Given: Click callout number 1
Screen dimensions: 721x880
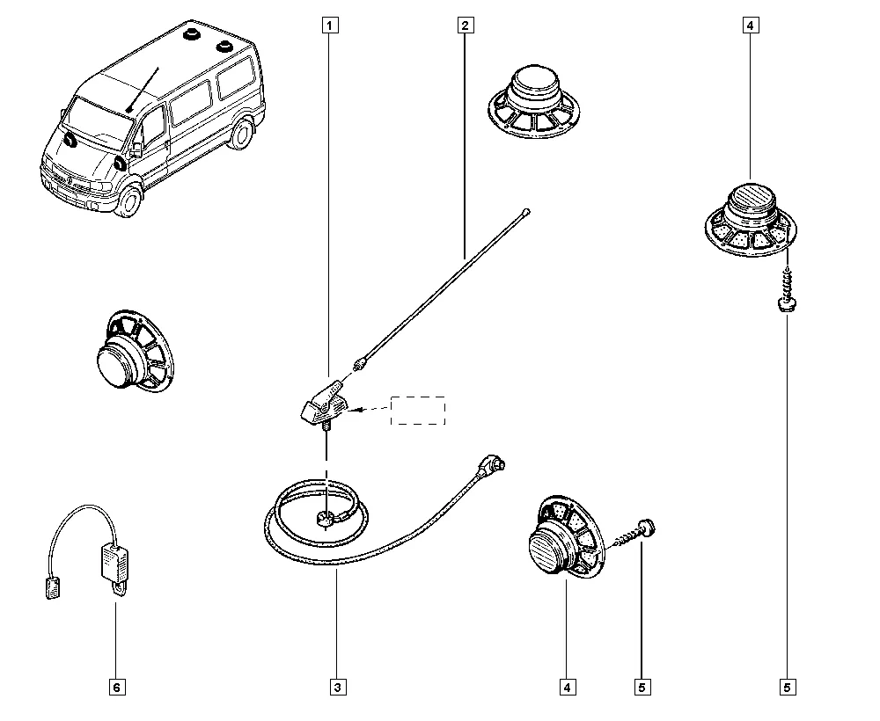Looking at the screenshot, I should tap(328, 25).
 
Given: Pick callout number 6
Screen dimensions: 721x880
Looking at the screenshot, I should tap(115, 687).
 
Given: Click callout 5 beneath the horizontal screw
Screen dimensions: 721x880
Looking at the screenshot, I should tap(642, 687).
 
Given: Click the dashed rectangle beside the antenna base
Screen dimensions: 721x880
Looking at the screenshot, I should tap(418, 410).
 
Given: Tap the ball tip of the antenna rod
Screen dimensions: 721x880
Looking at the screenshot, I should tap(525, 210).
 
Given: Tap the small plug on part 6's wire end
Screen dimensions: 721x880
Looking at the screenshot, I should tap(53, 587).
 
